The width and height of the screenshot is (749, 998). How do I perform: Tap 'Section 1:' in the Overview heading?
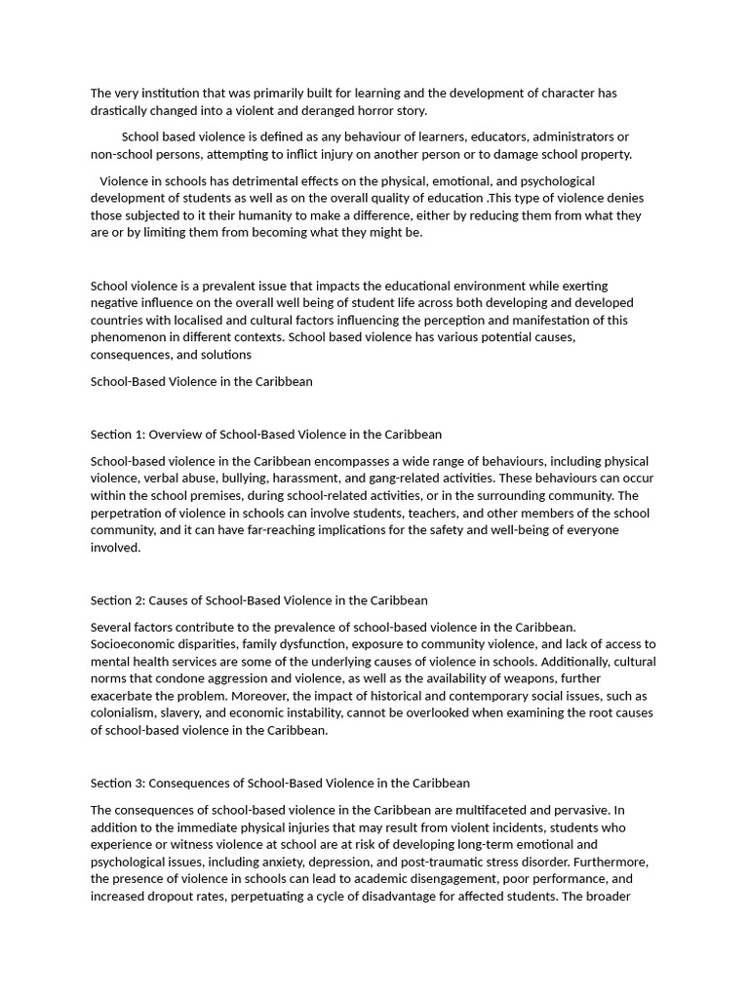117,434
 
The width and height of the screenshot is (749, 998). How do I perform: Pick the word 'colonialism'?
125,713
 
